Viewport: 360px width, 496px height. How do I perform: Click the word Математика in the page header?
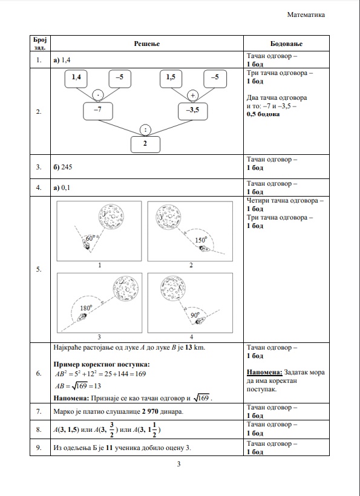pyautogui.click(x=306, y=15)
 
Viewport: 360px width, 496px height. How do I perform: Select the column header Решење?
pyautogui.click(x=147, y=44)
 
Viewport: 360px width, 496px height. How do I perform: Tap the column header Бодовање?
pyautogui.click(x=286, y=44)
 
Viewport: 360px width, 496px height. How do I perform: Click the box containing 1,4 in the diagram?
pyautogui.click(x=76, y=79)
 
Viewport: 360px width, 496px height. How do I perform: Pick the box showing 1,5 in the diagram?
pyautogui.click(x=171, y=79)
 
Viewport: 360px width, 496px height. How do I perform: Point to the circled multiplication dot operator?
pyautogui.click(x=98, y=94)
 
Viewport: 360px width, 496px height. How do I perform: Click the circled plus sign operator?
pyautogui.click(x=192, y=95)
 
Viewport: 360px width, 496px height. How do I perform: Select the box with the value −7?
pyautogui.click(x=98, y=111)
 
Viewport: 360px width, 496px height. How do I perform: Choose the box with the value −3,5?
pyautogui.click(x=192, y=111)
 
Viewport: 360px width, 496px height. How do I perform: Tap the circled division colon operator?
pyautogui.click(x=145, y=129)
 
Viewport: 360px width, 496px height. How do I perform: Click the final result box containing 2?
pyautogui.click(x=145, y=145)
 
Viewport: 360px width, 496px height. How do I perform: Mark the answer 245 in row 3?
pyautogui.click(x=67, y=167)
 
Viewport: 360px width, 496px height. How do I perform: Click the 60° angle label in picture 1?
pyautogui.click(x=90, y=238)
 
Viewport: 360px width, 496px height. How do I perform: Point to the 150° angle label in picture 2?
pyautogui.click(x=201, y=240)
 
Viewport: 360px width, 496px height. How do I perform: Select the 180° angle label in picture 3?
pyautogui.click(x=86, y=308)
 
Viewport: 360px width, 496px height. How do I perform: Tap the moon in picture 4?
pyautogui.click(x=172, y=289)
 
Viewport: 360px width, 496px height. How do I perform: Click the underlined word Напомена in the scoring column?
pyautogui.click(x=264, y=373)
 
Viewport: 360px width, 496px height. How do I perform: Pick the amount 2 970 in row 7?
pyautogui.click(x=150, y=411)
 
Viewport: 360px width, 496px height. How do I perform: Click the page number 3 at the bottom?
pyautogui.click(x=178, y=464)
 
